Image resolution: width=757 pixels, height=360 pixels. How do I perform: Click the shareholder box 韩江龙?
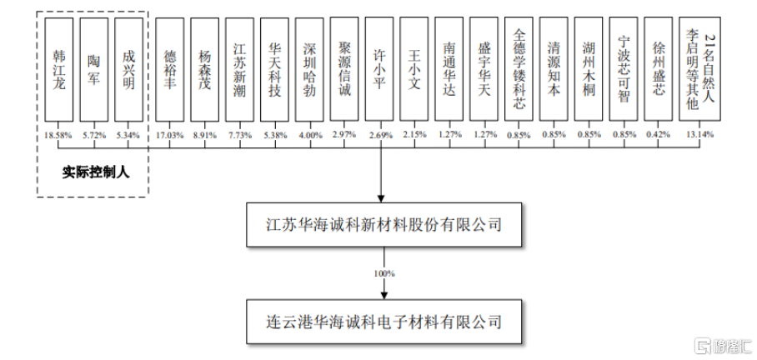click(x=58, y=70)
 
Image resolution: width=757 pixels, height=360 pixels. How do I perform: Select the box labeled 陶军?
click(x=93, y=70)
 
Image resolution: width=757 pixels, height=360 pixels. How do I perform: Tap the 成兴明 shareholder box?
click(x=128, y=70)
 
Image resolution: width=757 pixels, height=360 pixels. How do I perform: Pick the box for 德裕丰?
click(x=170, y=70)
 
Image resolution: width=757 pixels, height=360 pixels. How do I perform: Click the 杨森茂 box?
click(x=205, y=70)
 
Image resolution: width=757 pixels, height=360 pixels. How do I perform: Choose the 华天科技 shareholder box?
click(x=275, y=70)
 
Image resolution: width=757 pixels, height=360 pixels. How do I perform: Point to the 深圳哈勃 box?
click(x=310, y=70)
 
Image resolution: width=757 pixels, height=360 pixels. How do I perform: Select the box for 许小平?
click(x=380, y=70)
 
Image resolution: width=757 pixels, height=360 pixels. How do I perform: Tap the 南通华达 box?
click(x=450, y=70)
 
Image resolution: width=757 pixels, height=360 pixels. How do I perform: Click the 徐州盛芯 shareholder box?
click(x=659, y=70)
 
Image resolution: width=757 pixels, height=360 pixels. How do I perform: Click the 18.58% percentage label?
click(x=58, y=134)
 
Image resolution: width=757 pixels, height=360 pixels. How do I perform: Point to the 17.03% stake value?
click(x=170, y=134)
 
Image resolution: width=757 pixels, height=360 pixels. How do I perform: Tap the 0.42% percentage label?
click(x=659, y=134)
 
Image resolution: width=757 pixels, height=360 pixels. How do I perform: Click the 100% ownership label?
click(x=384, y=272)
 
